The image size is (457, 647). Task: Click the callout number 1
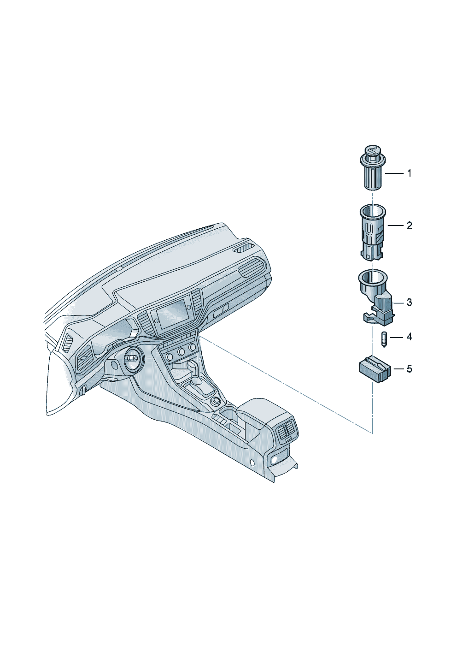coord(409,173)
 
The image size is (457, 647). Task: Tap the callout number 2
coord(410,226)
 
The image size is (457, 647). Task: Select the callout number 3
coord(410,303)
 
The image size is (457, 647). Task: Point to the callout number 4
coord(410,337)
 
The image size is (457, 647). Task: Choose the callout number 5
coord(410,369)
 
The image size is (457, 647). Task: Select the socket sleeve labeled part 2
coord(373,232)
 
